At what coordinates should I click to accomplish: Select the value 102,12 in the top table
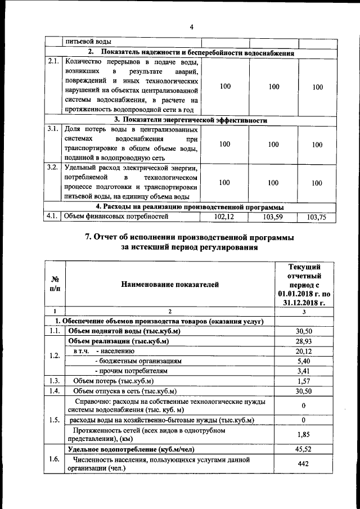(224, 217)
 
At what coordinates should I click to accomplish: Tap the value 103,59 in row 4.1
(273, 217)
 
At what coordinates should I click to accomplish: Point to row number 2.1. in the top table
(53, 62)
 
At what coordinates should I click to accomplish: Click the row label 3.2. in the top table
(53, 167)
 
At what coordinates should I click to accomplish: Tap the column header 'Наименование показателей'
(169, 285)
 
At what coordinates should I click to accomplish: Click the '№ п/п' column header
(55, 285)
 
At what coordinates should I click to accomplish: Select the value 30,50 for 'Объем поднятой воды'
(303, 331)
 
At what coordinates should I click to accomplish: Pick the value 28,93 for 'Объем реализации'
(303, 341)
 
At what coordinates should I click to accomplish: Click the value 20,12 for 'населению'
(303, 351)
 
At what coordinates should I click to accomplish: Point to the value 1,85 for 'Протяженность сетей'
(303, 434)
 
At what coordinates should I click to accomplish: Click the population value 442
(303, 463)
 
